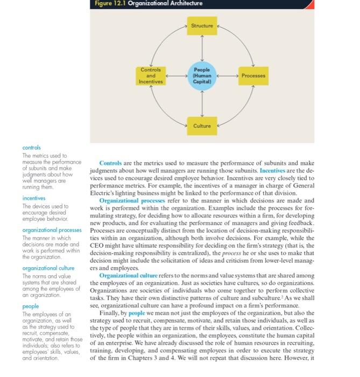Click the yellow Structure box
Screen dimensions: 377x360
click(x=202, y=25)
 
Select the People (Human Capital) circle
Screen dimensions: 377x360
click(x=202, y=76)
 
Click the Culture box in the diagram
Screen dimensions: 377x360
click(x=202, y=125)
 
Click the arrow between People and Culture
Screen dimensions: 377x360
click(x=202, y=104)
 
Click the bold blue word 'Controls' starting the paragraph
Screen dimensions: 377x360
click(x=111, y=164)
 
